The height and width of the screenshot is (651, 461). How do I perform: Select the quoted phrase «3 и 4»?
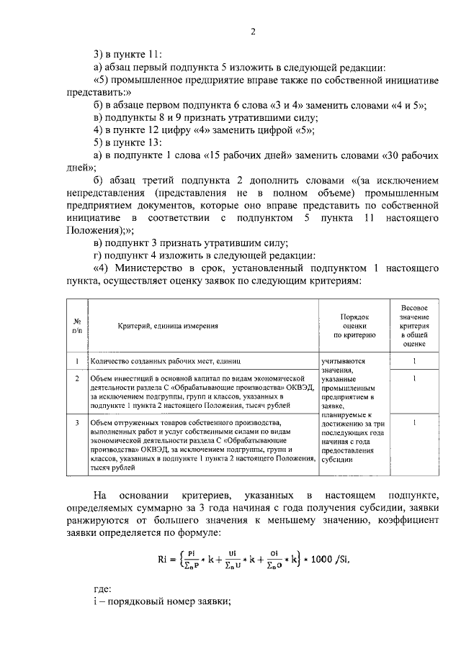(277, 105)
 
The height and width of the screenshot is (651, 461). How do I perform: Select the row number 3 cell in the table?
(76, 422)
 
